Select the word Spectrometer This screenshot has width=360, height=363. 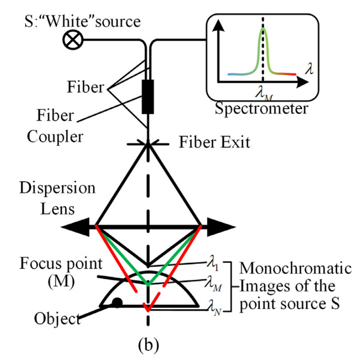262,108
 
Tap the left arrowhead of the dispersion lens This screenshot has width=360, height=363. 71,226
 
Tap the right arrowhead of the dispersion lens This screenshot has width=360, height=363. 223,226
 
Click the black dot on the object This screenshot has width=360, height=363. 116,303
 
